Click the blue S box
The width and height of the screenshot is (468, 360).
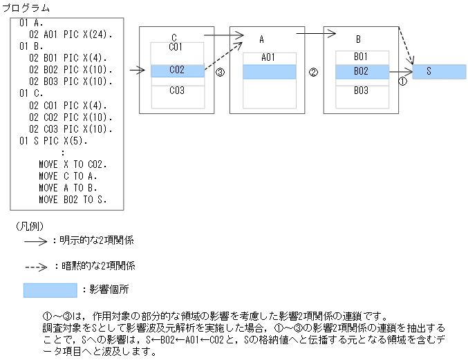439,71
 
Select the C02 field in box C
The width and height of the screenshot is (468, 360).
177,70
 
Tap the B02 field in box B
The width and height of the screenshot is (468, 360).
361,70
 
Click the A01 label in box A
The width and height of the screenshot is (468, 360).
269,58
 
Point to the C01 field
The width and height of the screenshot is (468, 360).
177,48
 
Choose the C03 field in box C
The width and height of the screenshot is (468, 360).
177,91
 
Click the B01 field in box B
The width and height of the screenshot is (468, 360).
361,56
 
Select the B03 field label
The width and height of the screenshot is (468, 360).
361,91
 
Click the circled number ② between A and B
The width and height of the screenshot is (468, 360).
313,72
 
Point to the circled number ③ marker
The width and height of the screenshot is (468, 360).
220,72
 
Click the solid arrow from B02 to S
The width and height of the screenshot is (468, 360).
400,70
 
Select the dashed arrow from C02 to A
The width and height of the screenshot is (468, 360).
224,56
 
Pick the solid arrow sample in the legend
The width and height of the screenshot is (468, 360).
35,241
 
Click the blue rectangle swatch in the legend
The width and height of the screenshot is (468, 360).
50,290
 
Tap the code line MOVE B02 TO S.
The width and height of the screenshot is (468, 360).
73,200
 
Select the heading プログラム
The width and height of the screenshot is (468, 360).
26,8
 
